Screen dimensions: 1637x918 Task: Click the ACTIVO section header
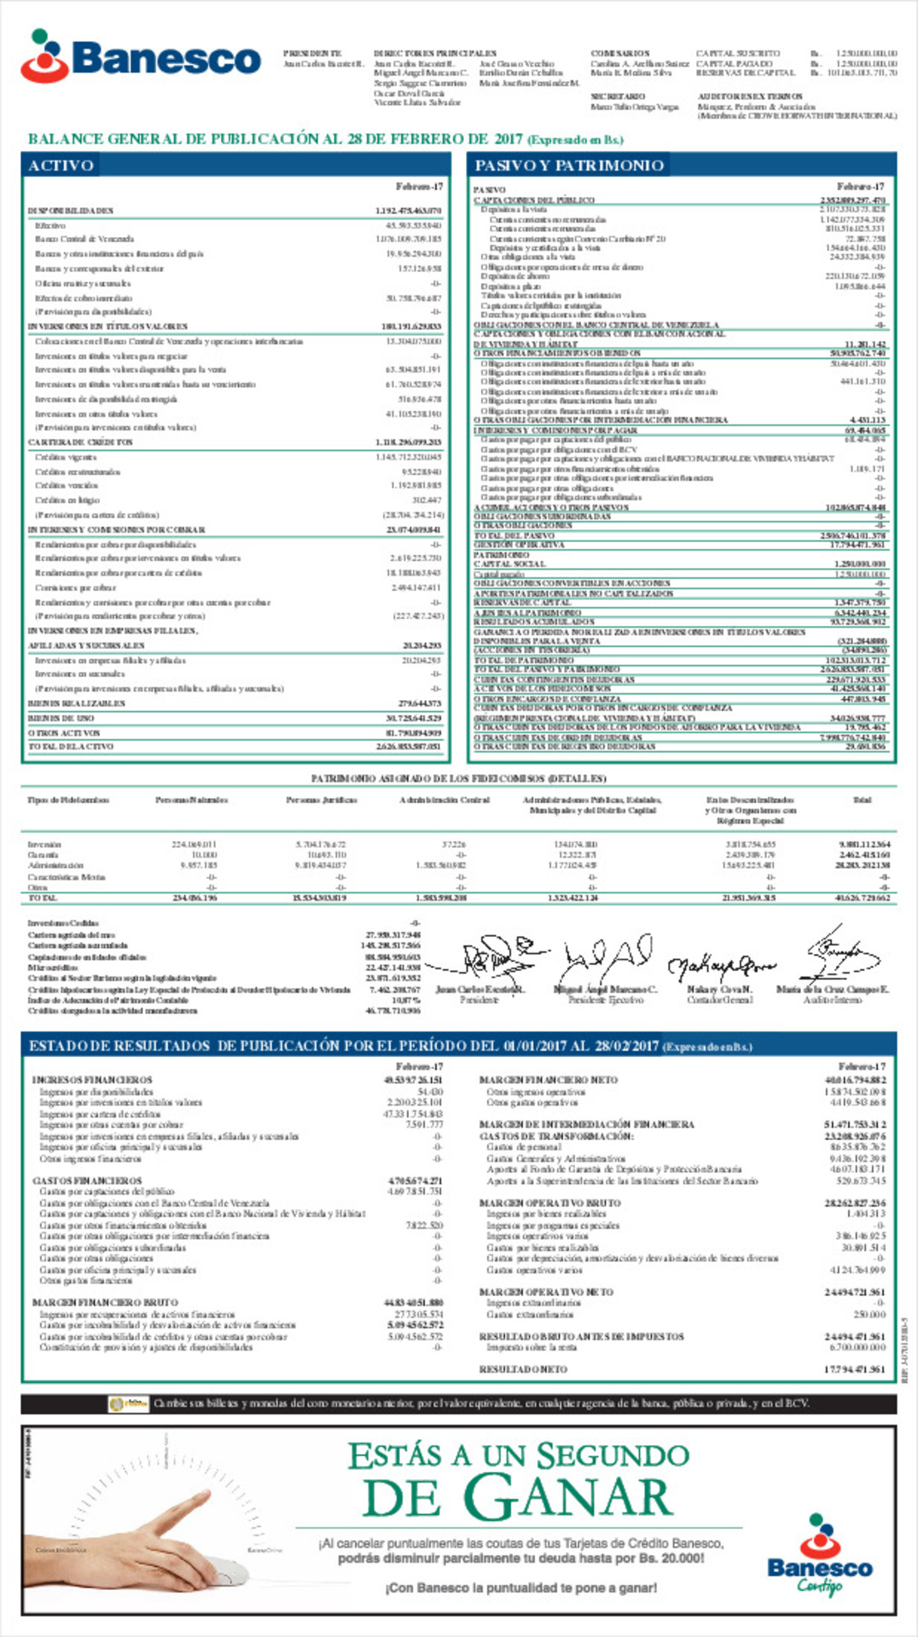[61, 165]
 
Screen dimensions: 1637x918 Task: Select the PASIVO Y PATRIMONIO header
[569, 165]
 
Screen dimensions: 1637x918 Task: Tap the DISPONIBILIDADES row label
[71, 211]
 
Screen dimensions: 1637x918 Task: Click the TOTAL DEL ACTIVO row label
[71, 746]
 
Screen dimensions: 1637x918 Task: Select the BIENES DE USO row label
[61, 718]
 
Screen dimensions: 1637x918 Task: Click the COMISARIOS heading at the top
[620, 54]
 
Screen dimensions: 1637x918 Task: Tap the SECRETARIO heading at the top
[618, 96]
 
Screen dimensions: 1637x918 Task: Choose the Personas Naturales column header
[191, 800]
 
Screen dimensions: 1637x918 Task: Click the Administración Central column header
[444, 800]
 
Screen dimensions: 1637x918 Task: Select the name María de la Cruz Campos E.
[833, 989]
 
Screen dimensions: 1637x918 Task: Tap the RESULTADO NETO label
[522, 1368]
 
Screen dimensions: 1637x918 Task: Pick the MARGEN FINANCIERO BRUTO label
[105, 1303]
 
